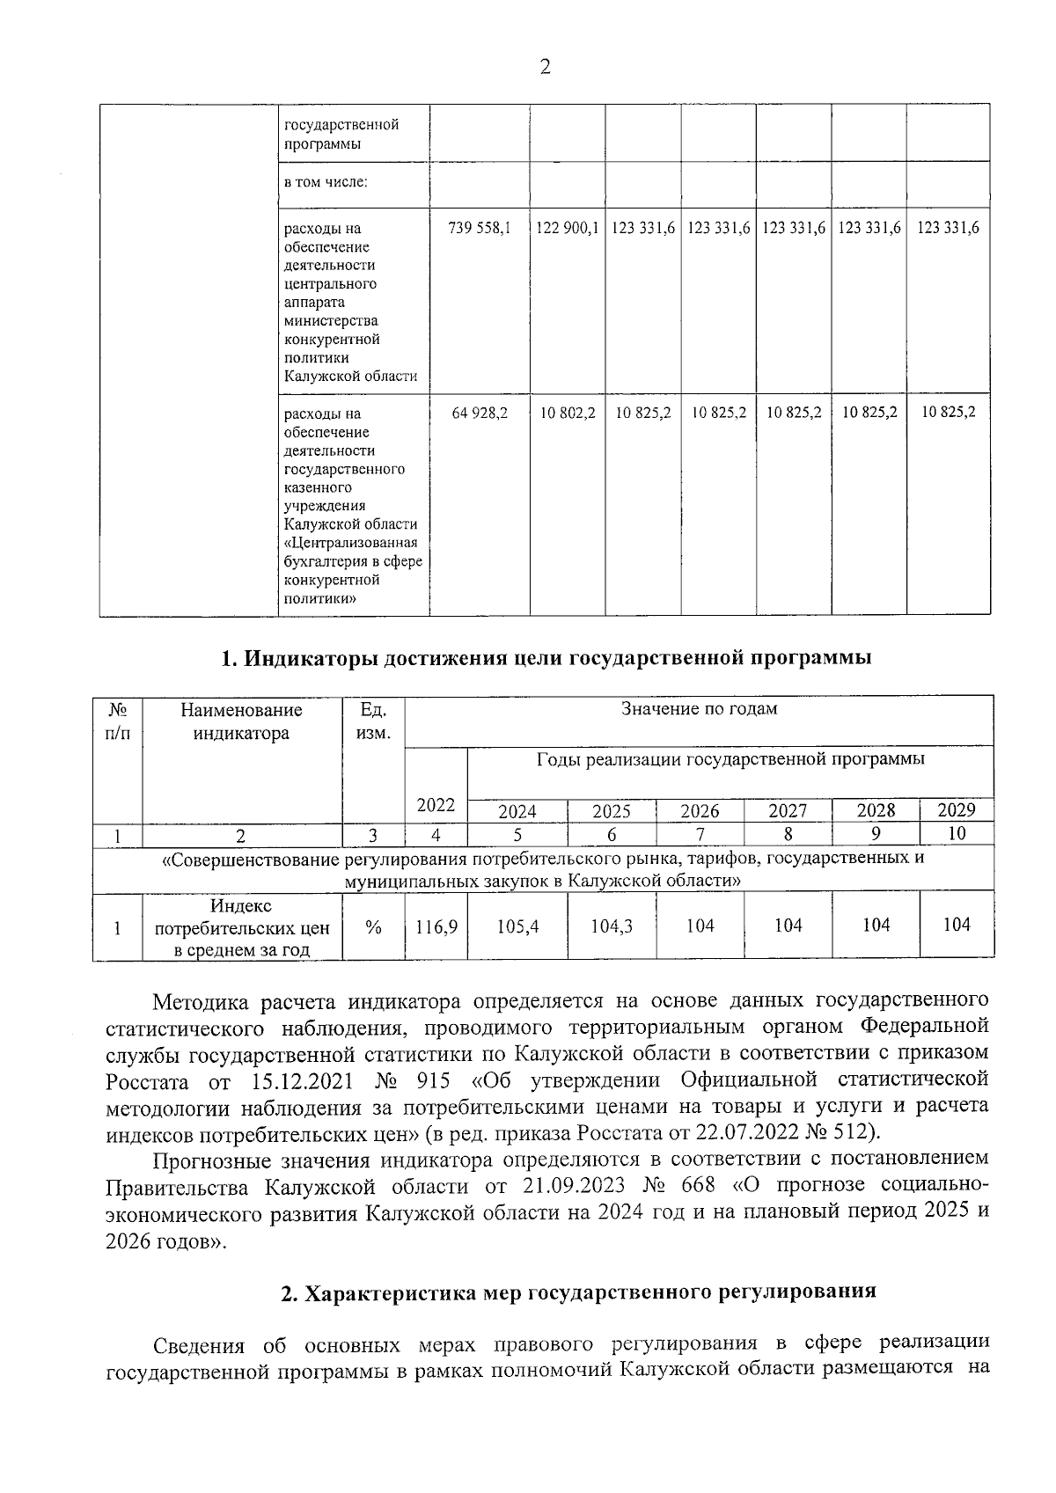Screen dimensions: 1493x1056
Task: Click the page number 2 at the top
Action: click(545, 67)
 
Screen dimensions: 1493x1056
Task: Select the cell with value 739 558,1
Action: click(479, 228)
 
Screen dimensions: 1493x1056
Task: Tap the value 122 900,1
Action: click(567, 228)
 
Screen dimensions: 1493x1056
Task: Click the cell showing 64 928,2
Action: click(479, 412)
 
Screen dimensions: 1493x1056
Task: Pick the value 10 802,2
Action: click(567, 412)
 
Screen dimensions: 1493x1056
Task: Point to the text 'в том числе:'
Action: click(325, 183)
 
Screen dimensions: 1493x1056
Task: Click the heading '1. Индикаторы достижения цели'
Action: click(546, 658)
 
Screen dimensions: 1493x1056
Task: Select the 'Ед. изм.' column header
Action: click(373, 721)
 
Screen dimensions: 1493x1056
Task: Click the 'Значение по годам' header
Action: click(699, 708)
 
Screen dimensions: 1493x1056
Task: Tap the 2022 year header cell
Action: click(436, 804)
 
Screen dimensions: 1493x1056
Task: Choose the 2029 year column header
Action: click(956, 809)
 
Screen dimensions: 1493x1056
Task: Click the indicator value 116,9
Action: click(436, 926)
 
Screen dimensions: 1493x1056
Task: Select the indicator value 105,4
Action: click(517, 926)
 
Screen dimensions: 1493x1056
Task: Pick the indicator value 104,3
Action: click(612, 926)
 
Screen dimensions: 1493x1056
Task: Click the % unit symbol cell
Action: click(373, 926)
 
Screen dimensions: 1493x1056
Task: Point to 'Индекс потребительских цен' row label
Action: click(241, 927)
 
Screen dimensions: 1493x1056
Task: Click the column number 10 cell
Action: click(957, 833)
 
